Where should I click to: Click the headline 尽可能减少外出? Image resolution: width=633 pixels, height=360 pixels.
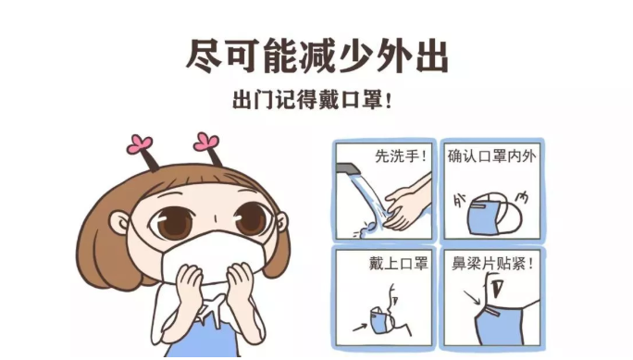click(317, 56)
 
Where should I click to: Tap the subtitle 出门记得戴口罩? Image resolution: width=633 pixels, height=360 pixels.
click(312, 99)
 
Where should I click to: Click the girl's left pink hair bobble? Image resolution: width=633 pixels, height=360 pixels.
click(140, 144)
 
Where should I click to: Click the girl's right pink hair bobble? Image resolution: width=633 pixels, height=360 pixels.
click(206, 143)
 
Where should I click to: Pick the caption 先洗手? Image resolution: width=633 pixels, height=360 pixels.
click(401, 156)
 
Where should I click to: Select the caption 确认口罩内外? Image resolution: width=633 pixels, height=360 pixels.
click(491, 156)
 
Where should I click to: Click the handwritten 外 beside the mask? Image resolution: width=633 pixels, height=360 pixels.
click(459, 200)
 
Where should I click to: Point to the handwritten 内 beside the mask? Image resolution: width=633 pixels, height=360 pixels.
click(522, 198)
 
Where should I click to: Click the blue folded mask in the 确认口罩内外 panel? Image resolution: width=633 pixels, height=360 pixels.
click(494, 214)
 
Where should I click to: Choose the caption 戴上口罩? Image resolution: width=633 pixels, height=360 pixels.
click(398, 264)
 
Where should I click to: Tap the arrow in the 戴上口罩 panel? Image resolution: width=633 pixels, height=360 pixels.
click(360, 327)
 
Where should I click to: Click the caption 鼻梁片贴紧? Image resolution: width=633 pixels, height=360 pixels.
click(492, 264)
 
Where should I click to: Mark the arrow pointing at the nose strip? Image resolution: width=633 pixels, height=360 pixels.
click(472, 298)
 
